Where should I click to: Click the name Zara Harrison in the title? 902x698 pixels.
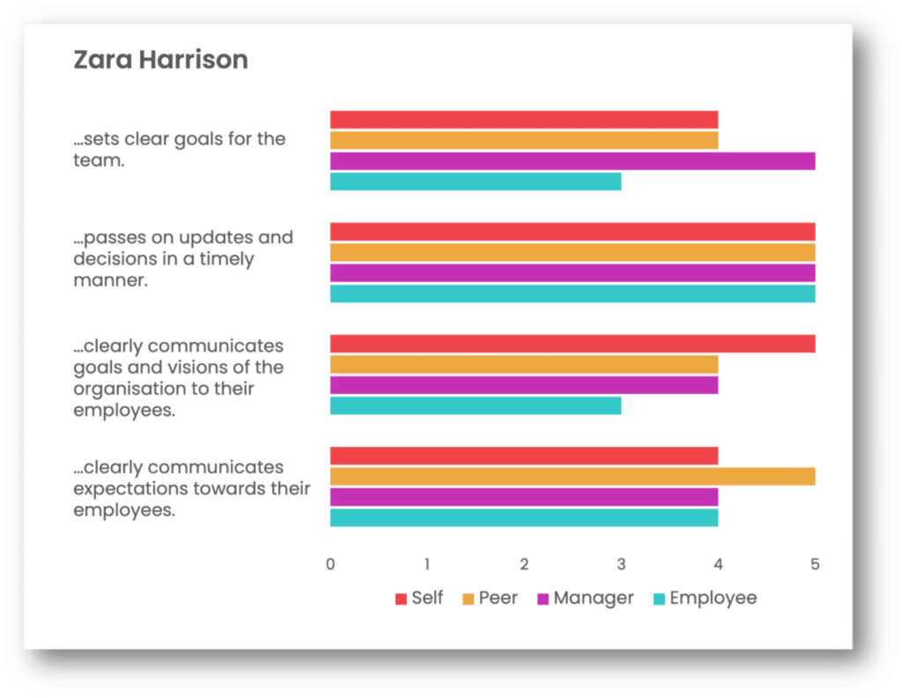pyautogui.click(x=160, y=60)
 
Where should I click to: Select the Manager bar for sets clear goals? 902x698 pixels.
pyautogui.click(x=573, y=161)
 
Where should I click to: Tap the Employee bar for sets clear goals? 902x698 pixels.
pyautogui.click(x=476, y=182)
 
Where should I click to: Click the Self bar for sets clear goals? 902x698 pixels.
pyautogui.click(x=524, y=120)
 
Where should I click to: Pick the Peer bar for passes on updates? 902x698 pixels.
pyautogui.click(x=573, y=253)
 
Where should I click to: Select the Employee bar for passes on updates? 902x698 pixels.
pyautogui.click(x=573, y=293)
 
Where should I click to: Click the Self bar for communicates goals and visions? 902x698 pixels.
pyautogui.click(x=573, y=344)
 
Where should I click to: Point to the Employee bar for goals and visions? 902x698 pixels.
pyautogui.click(x=476, y=405)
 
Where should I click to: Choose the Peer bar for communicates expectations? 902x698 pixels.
pyautogui.click(x=573, y=477)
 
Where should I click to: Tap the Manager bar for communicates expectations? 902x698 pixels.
pyautogui.click(x=524, y=497)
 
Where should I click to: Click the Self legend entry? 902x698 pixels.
pyautogui.click(x=419, y=598)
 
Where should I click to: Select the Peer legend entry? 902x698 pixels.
pyautogui.click(x=490, y=598)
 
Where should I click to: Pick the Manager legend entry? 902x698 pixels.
pyautogui.click(x=585, y=598)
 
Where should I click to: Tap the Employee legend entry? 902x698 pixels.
pyautogui.click(x=705, y=598)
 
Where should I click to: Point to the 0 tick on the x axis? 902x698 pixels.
pyautogui.click(x=330, y=564)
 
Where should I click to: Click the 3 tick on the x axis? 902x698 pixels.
pyautogui.click(x=621, y=564)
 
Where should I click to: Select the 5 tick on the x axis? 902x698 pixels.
pyautogui.click(x=815, y=564)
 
